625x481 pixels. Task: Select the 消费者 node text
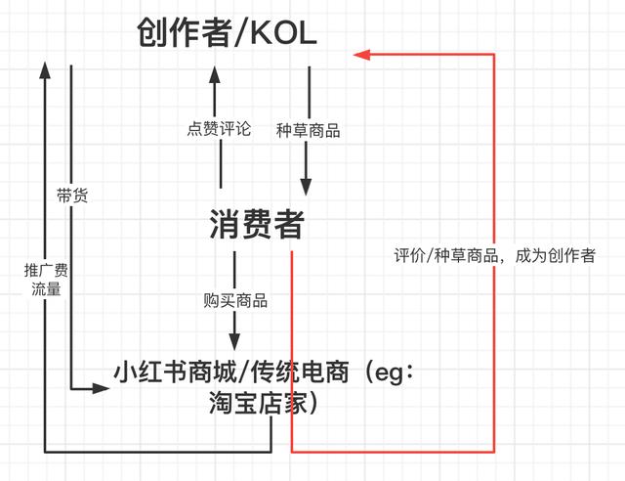point(257,226)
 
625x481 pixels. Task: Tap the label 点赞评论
point(220,129)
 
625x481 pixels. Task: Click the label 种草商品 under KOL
point(309,129)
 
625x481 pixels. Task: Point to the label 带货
point(73,196)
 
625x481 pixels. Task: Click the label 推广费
point(45,270)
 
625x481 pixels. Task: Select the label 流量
point(45,289)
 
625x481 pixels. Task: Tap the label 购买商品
point(235,300)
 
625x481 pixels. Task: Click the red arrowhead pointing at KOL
point(361,55)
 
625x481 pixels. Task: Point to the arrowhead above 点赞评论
point(220,73)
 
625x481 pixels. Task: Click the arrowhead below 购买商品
point(234,341)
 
